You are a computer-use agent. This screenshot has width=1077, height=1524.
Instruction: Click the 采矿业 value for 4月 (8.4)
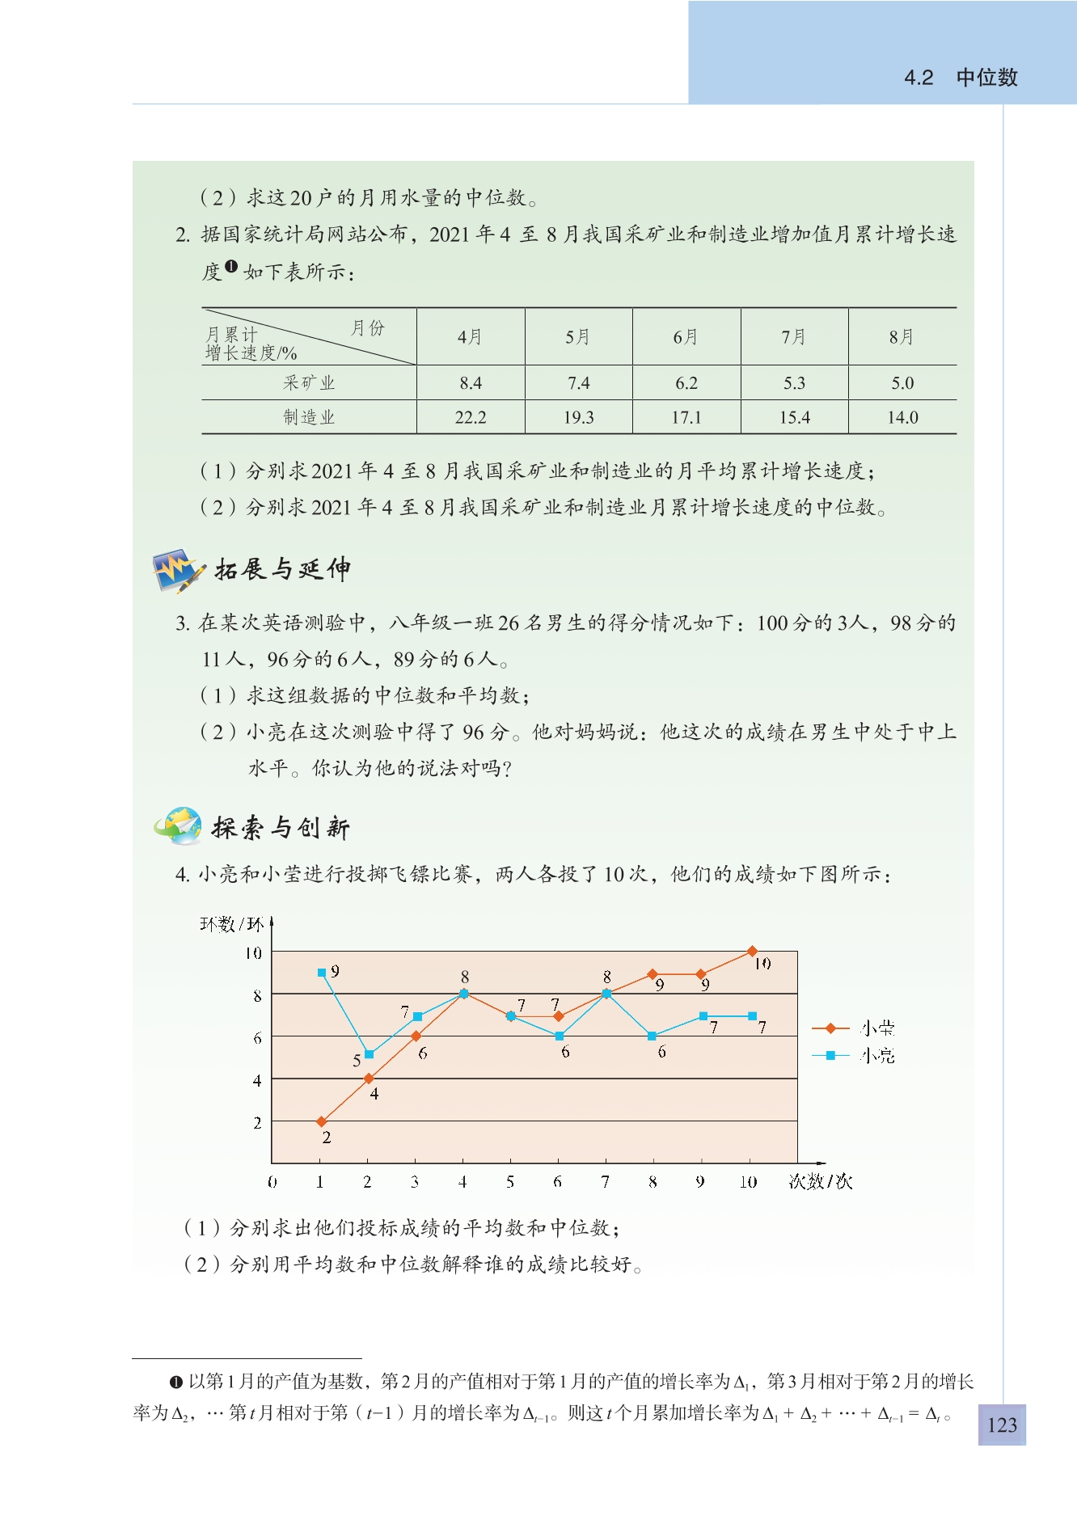[x=471, y=383]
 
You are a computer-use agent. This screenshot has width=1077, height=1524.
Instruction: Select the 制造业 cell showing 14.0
[x=902, y=417]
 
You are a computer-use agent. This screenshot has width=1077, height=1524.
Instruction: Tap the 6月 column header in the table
[x=686, y=337]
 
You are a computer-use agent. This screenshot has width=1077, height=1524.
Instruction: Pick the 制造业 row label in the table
[x=309, y=417]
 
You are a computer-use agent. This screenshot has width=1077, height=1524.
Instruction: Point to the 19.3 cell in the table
[x=578, y=417]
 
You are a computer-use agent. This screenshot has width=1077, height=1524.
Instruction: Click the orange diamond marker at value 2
[x=322, y=1121]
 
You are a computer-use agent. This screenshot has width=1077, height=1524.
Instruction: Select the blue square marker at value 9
[x=322, y=973]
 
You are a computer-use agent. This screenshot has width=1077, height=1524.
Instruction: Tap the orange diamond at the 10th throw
[x=753, y=952]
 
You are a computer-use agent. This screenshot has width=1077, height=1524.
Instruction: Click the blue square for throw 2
[x=370, y=1054]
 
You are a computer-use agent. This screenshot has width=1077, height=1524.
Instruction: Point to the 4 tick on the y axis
[x=257, y=1080]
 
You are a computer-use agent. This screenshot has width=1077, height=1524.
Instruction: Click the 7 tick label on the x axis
[x=605, y=1182]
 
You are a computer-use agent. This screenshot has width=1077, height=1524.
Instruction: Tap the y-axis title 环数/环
[x=231, y=924]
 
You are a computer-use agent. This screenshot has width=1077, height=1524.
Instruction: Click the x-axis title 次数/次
[x=820, y=1182]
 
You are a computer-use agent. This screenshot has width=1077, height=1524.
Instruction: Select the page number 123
[x=1002, y=1425]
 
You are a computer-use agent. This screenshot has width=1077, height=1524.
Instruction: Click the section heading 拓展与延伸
[x=282, y=569]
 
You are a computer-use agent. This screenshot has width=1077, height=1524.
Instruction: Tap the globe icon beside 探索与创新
[x=179, y=825]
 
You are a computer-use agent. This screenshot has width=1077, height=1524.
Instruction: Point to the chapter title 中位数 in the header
[x=986, y=78]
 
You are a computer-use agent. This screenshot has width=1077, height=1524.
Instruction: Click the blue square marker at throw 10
[x=753, y=1016]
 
